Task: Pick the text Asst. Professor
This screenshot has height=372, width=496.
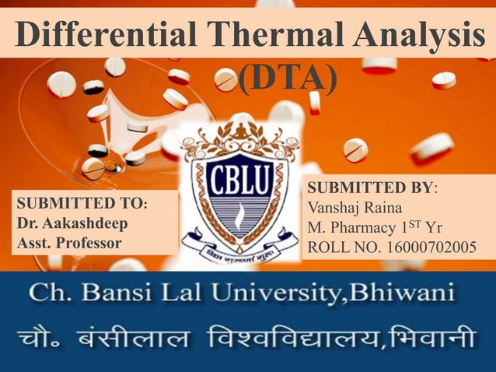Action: point(68,243)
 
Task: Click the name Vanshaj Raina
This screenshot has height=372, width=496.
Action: point(356,209)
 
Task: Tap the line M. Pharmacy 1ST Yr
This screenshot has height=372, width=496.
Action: point(375,228)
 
